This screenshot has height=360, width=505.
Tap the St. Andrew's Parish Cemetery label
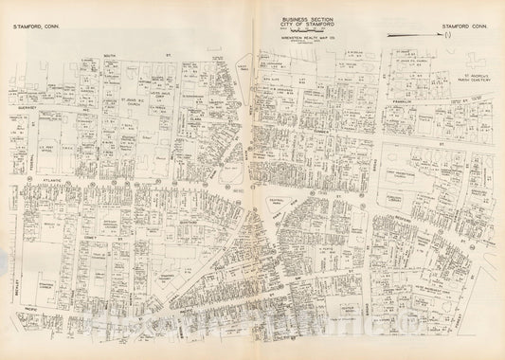pos(471,76)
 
